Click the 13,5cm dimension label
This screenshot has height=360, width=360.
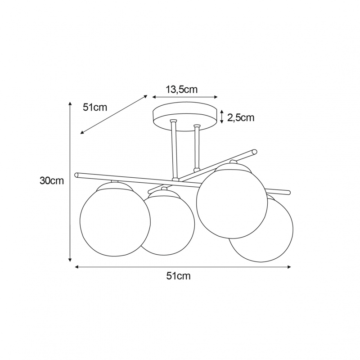(x=181, y=90)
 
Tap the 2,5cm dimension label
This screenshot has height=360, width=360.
(x=241, y=117)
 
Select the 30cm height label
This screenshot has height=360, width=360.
(x=52, y=181)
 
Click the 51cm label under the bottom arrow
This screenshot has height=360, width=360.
(x=178, y=276)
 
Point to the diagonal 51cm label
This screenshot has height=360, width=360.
(x=95, y=107)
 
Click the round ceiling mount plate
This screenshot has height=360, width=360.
(x=185, y=117)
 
